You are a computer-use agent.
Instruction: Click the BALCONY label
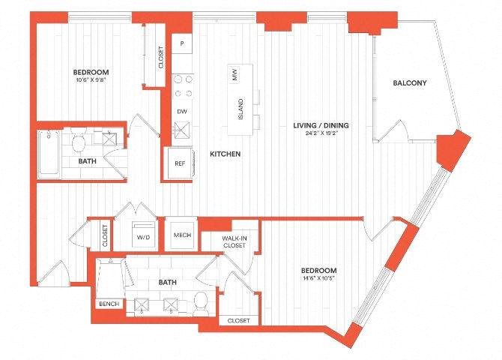(x=410, y=83)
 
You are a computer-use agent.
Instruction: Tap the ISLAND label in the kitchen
(x=241, y=109)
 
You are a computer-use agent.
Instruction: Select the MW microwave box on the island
(x=235, y=74)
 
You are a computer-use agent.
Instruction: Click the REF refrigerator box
(x=180, y=163)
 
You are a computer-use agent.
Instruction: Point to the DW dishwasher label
(x=182, y=112)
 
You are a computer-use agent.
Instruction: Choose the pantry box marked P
(x=182, y=43)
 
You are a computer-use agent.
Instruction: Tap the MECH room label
(x=182, y=235)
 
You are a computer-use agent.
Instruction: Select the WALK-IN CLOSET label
(x=235, y=241)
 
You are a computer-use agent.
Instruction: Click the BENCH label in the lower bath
(x=109, y=304)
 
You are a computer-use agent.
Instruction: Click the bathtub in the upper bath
(x=49, y=154)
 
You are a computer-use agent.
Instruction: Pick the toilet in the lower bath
(x=202, y=304)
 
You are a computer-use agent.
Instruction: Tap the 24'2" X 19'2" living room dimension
(x=321, y=133)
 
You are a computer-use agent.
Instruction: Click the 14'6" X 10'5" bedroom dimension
(x=319, y=278)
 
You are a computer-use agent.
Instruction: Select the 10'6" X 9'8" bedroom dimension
(x=91, y=79)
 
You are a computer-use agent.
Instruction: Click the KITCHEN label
(x=225, y=154)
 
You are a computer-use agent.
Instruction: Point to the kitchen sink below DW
(x=182, y=130)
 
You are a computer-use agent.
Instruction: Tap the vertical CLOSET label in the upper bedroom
(x=161, y=58)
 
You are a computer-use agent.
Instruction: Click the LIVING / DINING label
(x=321, y=125)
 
